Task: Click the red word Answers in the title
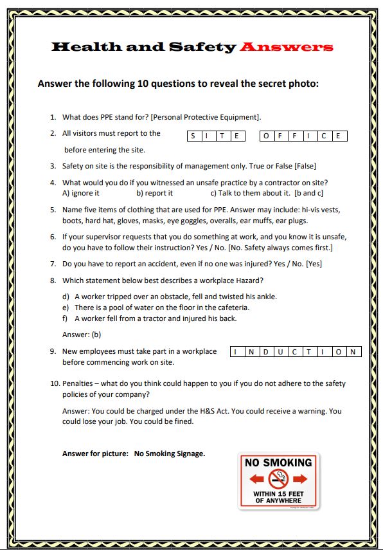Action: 286,47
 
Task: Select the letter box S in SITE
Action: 193,136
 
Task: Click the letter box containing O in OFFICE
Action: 267,136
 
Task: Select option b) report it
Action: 154,193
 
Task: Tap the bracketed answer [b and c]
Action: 308,193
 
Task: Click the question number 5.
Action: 53,210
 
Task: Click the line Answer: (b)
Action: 82,335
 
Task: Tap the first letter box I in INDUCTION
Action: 236,352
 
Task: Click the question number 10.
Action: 55,383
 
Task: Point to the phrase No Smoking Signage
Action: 170,454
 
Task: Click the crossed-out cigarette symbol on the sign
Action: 278,478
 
